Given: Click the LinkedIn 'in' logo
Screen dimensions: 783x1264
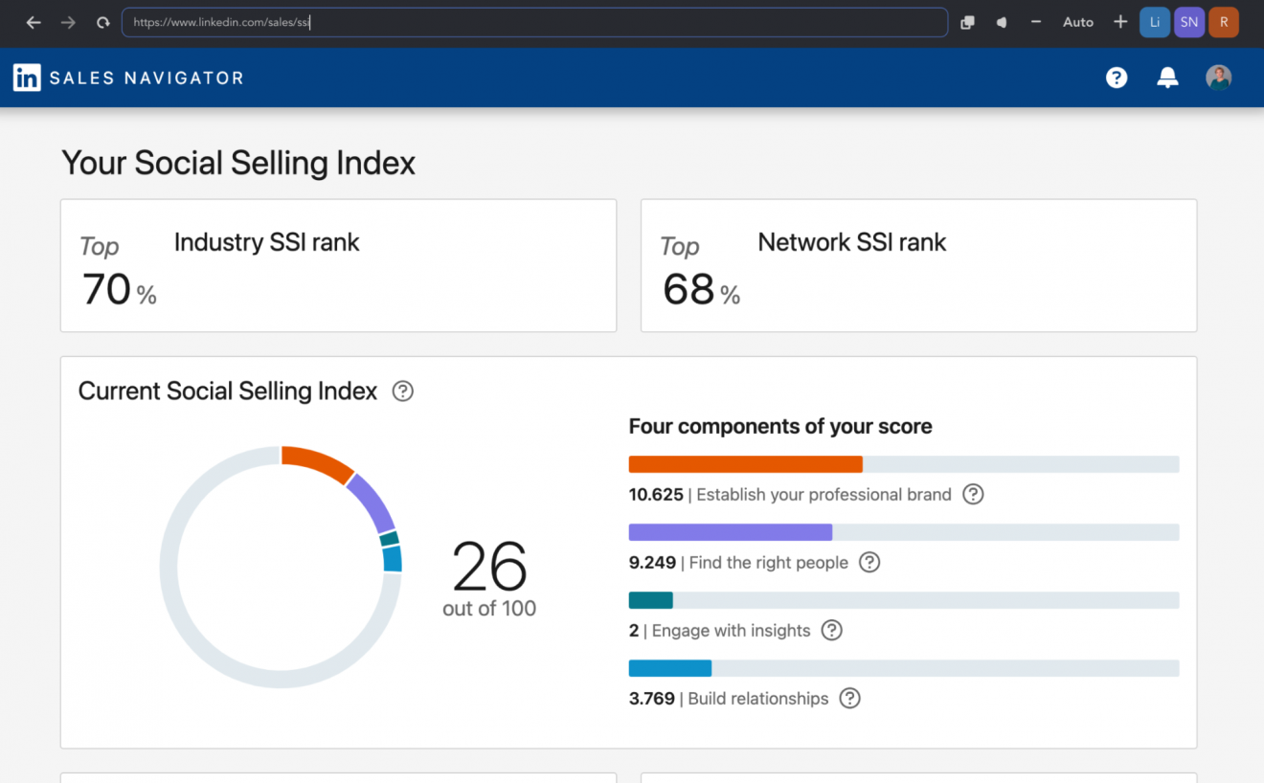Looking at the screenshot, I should pyautogui.click(x=27, y=78).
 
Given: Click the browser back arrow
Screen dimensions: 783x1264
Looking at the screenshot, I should pyautogui.click(x=34, y=22).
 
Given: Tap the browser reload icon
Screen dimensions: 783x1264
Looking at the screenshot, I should pyautogui.click(x=102, y=22).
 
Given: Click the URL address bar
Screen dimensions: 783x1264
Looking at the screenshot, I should pyautogui.click(x=533, y=22).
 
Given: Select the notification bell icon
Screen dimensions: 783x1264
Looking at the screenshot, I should pyautogui.click(x=1167, y=78).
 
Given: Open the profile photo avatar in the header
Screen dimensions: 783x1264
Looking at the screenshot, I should pyautogui.click(x=1218, y=78).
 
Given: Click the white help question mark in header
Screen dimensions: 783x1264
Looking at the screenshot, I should pyautogui.click(x=1117, y=78).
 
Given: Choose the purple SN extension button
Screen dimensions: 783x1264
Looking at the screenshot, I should pyautogui.click(x=1188, y=22).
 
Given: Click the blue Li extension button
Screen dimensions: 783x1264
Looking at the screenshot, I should pyautogui.click(x=1155, y=22).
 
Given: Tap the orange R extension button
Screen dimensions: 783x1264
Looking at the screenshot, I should pyautogui.click(x=1223, y=22).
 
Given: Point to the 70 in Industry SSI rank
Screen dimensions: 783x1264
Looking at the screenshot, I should pyautogui.click(x=106, y=289).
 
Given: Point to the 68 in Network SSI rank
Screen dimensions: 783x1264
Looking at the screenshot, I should pyautogui.click(x=688, y=289).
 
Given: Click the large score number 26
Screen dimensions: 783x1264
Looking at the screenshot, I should pyautogui.click(x=489, y=567).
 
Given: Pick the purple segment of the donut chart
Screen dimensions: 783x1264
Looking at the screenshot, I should pyautogui.click(x=372, y=503).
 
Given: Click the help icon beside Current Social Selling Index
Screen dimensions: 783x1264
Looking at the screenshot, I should pyautogui.click(x=403, y=391).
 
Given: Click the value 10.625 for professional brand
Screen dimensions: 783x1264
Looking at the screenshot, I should pyautogui.click(x=656, y=495).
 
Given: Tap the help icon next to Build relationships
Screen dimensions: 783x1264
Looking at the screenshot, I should pyautogui.click(x=849, y=699).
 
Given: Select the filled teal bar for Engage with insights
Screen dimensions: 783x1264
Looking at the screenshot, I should pyautogui.click(x=651, y=600).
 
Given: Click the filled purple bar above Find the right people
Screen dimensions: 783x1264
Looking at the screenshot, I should pyautogui.click(x=730, y=532).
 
